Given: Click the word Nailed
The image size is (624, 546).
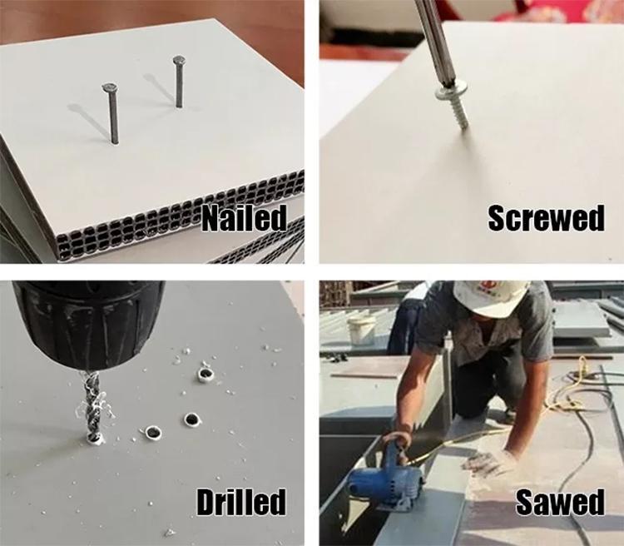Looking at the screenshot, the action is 244,218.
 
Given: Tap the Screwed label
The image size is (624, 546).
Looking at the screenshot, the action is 546,218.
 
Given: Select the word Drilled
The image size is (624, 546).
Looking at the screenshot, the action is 241,501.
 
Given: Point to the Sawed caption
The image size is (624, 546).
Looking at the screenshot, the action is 560,502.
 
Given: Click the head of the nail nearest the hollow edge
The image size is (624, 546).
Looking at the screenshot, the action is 109,87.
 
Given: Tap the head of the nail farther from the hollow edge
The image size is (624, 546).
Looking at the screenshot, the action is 179,60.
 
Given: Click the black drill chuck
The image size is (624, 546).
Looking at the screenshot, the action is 90,323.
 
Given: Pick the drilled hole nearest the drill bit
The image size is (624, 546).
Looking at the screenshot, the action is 153,432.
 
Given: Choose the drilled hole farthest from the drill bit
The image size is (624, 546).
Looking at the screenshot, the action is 206,375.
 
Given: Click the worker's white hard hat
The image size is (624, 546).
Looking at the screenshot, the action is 492,298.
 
